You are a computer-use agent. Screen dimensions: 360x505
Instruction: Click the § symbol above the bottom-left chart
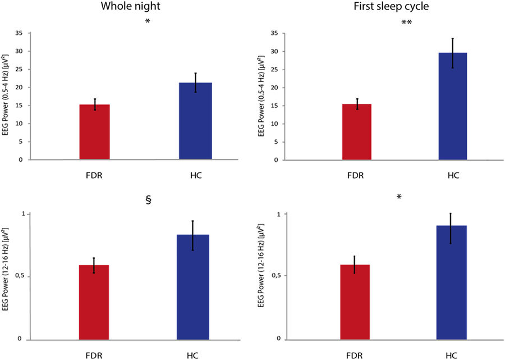pyautogui.click(x=149, y=200)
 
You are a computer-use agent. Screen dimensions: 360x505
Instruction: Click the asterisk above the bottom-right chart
pyautogui.click(x=399, y=197)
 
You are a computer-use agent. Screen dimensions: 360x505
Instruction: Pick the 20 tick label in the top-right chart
pyautogui.click(x=273, y=88)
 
